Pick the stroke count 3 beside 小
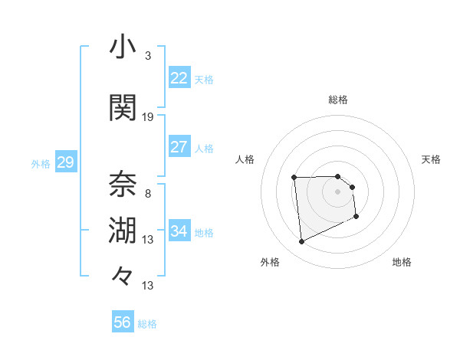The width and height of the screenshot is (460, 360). coord(148,56)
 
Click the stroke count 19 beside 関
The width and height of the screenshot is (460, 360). coord(148,117)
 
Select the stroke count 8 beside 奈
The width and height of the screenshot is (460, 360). coord(148,193)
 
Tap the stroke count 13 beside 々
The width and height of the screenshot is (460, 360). coord(148,286)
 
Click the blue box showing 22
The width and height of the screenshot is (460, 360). coord(179,78)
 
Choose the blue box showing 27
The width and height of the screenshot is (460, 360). coord(179,147)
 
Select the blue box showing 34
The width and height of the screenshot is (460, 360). coord(179,231)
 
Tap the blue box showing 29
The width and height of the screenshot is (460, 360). coord(65,162)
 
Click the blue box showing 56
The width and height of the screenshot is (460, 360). coord(122,322)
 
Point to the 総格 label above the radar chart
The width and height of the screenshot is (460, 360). coord(338,100)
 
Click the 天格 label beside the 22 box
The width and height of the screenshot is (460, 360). coord(204,79)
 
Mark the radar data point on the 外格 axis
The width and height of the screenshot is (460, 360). coord(301,242)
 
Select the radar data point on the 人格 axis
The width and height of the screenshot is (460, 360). coord(294,178)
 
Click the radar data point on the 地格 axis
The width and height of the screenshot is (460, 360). coord(356,217)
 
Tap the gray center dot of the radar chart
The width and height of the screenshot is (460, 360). coord(338,191)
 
